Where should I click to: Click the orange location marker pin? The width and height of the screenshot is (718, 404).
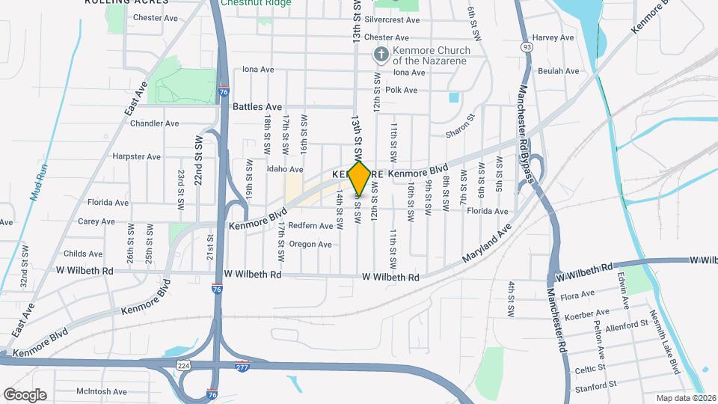360,179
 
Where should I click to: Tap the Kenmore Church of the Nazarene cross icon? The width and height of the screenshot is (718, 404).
381,55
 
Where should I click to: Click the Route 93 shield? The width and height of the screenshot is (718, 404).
528,46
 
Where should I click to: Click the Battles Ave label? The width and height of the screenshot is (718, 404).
257,107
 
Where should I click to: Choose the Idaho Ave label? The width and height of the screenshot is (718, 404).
285,169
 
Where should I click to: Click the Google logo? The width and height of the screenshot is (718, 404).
25,394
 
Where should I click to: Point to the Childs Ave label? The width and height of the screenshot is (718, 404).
83,254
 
